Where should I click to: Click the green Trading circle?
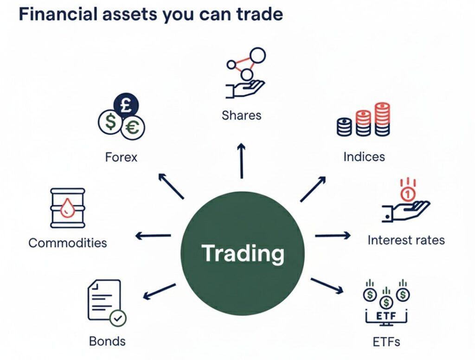coord(243,253)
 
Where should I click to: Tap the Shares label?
coord(241,115)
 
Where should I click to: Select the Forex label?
coord(121,157)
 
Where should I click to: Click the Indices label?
coord(364,156)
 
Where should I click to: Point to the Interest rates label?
coord(406,240)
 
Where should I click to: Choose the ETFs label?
coord(386,342)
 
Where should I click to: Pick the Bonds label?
coord(107,341)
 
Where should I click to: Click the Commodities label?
coord(68,242)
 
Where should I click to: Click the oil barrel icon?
coord(67,208)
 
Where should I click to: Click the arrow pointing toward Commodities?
coord(153,236)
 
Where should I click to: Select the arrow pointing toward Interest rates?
coord(333,236)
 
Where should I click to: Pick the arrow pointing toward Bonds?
coord(159,291)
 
